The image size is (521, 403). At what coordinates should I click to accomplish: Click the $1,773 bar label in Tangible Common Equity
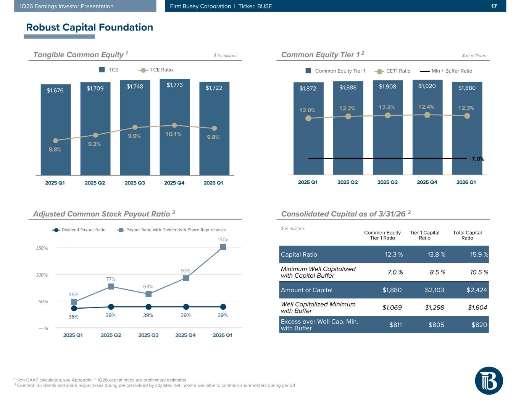(x=174, y=85)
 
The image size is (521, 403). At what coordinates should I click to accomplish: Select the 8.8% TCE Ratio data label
(x=55, y=150)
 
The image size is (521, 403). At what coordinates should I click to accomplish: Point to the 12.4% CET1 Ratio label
(x=426, y=107)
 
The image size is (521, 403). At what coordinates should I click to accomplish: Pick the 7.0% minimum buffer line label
(x=477, y=159)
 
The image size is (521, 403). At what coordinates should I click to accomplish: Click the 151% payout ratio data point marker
(x=223, y=247)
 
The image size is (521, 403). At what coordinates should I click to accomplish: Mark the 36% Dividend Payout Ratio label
(x=73, y=317)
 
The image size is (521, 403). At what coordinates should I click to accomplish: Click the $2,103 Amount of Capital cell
(x=434, y=290)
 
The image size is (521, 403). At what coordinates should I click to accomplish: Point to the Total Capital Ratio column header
(x=467, y=235)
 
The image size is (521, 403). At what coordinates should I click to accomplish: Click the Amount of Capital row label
(x=306, y=290)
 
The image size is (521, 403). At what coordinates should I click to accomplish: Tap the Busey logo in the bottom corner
(x=489, y=380)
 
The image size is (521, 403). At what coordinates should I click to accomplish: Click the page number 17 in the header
(x=494, y=6)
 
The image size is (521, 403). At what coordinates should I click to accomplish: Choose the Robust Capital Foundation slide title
(x=89, y=28)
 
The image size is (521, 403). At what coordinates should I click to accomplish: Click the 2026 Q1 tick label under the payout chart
(x=223, y=335)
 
